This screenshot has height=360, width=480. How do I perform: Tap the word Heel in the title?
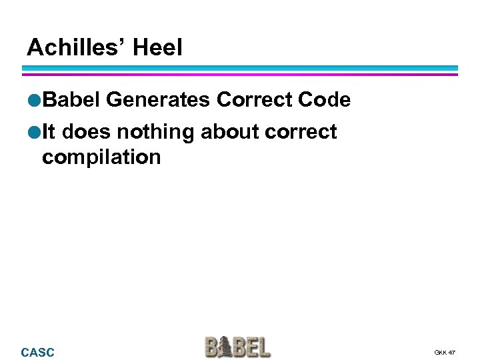[x=157, y=47]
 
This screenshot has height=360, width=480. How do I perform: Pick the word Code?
[x=324, y=100]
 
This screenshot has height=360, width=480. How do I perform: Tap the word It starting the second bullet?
[x=49, y=131]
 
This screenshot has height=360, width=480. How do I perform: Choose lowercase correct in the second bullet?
[x=301, y=132]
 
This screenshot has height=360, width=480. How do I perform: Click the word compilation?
[x=101, y=157]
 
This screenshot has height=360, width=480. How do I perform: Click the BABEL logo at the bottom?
[x=238, y=347]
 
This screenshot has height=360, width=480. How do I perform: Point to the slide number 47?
[x=452, y=352]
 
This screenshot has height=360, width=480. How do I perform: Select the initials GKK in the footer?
[x=440, y=352]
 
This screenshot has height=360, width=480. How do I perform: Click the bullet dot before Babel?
[x=33, y=101]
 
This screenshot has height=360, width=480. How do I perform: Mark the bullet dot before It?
[x=33, y=132]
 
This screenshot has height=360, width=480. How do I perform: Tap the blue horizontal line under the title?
[x=240, y=67]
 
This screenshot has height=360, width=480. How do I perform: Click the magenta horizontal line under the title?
[x=240, y=73]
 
